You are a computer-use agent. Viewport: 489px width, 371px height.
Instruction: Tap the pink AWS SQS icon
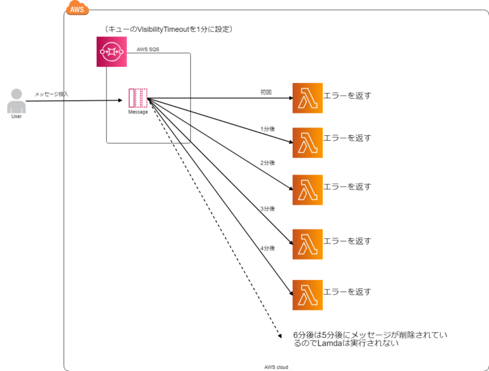coord(113,52)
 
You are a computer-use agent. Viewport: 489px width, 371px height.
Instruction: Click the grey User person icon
coord(17,101)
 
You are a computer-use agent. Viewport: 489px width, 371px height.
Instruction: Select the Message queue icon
coord(138,98)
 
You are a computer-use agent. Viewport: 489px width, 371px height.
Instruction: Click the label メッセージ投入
coord(52,94)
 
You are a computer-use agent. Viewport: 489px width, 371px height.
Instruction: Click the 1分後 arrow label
coord(267,129)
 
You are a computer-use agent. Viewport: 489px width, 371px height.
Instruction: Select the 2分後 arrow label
coord(267,163)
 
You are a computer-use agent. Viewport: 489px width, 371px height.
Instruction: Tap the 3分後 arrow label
coord(267,208)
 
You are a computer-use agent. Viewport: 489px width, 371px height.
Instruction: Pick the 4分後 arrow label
coord(267,247)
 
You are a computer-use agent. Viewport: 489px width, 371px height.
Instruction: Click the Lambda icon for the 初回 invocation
coord(308,98)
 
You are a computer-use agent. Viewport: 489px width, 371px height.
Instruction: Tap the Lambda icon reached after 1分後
coord(308,142)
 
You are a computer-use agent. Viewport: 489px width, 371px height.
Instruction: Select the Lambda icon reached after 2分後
coord(308,189)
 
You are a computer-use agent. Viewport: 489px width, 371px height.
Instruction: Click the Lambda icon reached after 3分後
coord(308,244)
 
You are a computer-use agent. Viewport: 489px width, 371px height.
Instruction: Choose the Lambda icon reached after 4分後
coord(308,295)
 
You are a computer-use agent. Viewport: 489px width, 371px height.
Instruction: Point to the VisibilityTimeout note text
coord(169,29)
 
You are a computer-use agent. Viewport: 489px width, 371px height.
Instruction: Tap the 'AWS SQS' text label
coord(148,49)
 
